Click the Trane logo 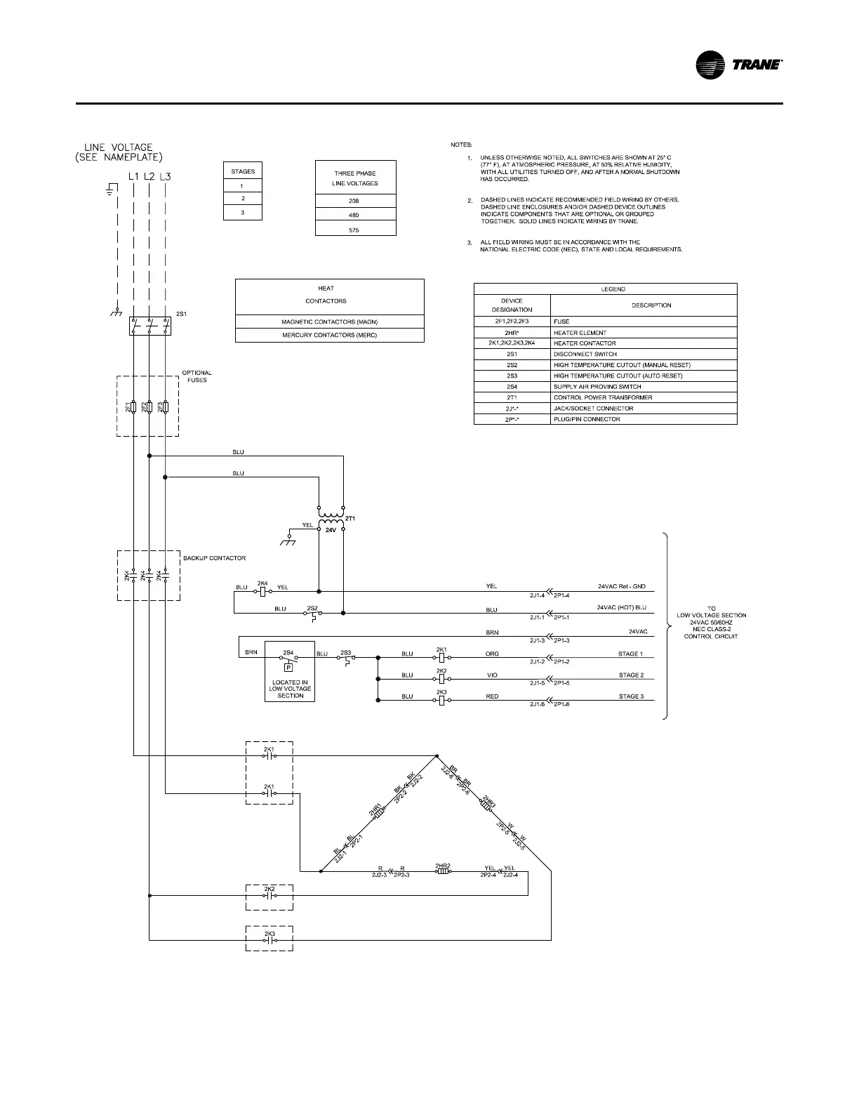tap(738, 65)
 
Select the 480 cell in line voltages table tap(355, 215)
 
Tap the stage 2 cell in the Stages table tap(243, 199)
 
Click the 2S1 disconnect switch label tap(181, 314)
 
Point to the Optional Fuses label tap(197, 376)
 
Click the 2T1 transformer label tap(351, 519)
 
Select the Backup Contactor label tap(214, 558)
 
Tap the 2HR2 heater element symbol tap(442, 873)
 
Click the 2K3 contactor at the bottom tap(269, 939)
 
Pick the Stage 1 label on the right tap(630, 654)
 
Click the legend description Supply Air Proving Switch tap(597, 387)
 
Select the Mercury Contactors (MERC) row tap(329, 336)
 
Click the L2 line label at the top tap(149, 177)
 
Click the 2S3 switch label tap(345, 652)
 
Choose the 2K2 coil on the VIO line tap(442, 679)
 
